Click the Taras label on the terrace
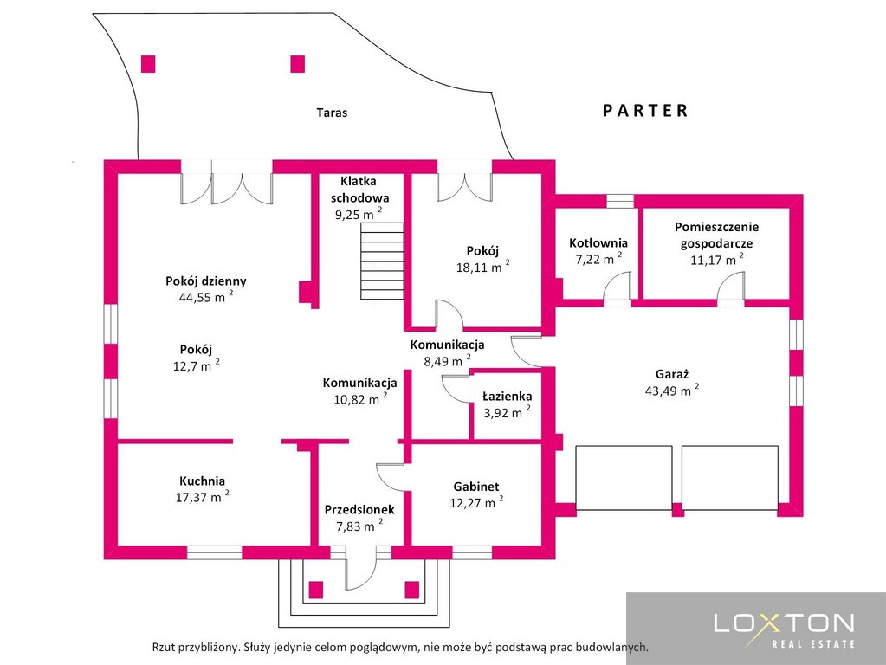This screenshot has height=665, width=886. point(332,113)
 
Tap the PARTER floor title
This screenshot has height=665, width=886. point(645,110)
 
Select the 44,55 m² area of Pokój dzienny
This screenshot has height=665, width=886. point(205,296)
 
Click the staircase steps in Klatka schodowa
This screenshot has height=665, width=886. point(383,261)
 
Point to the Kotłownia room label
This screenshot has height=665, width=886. point(598,243)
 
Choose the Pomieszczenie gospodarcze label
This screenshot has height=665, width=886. point(716,235)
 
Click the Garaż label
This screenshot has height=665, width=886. point(672,373)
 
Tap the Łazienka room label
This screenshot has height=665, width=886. point(507,397)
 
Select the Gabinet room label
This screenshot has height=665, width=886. point(476,487)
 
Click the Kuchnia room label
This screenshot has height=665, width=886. point(203,481)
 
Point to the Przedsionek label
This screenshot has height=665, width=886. point(359,510)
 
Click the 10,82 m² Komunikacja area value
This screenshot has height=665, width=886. point(360,399)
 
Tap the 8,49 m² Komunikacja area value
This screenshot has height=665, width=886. point(448,360)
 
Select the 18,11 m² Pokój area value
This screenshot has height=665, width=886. point(483,267)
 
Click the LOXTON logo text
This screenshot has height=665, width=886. point(785,623)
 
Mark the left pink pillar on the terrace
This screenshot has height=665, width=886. point(148,64)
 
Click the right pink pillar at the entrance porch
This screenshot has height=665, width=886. point(412,590)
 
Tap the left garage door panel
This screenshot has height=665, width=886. point(624,478)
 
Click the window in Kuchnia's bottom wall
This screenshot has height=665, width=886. point(214,552)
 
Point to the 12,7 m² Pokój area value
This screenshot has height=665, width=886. point(196,365)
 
